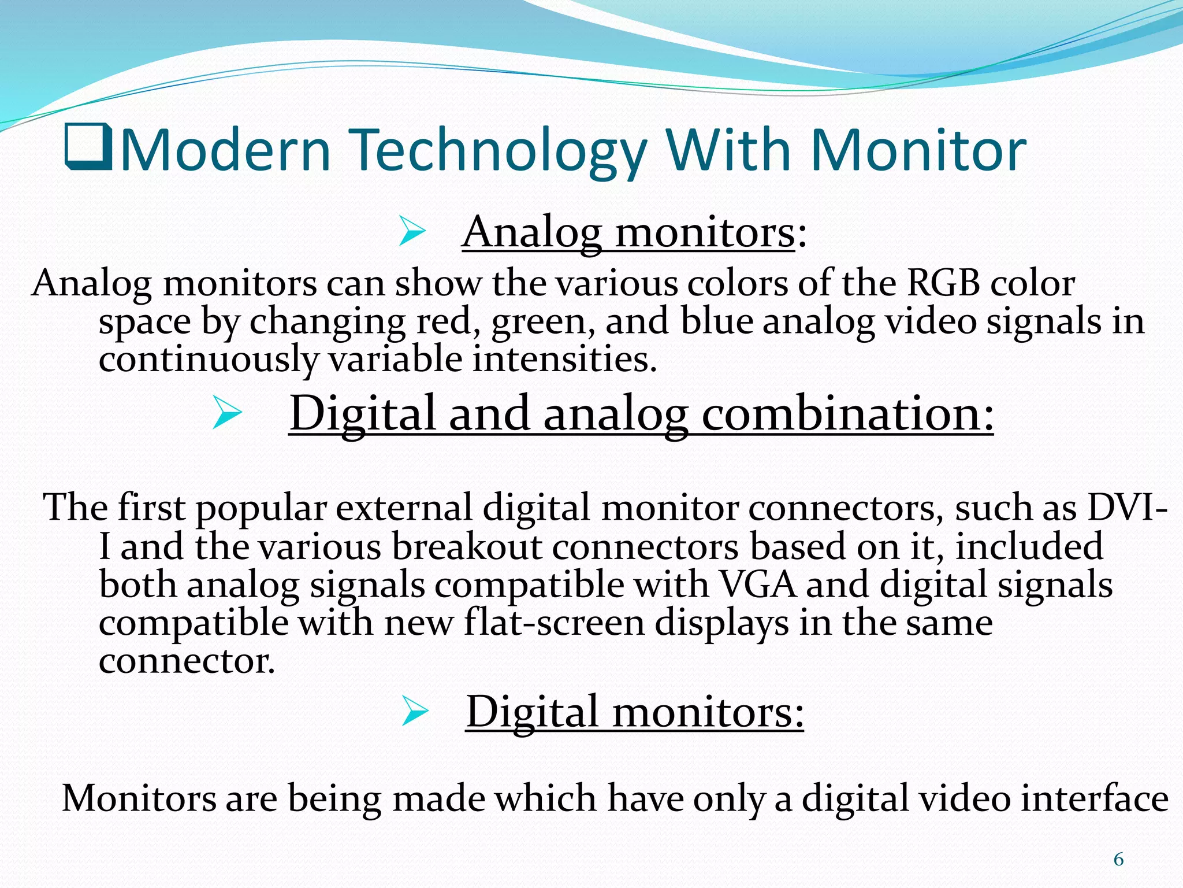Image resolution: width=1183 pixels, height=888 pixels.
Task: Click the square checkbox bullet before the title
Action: (88, 148)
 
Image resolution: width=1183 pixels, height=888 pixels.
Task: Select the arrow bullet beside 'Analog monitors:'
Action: (412, 233)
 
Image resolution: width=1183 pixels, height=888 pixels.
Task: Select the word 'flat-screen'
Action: (554, 623)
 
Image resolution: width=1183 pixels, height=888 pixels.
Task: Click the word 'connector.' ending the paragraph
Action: (187, 661)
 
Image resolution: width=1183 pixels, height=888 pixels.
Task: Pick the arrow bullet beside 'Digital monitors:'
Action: (415, 712)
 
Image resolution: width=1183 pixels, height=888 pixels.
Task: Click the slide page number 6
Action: (1118, 860)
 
